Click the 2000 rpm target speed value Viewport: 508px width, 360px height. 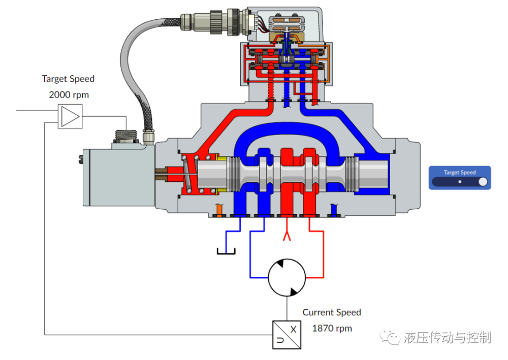(x=69, y=94)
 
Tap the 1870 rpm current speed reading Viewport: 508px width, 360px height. (x=332, y=329)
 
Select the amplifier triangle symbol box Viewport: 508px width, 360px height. (x=70, y=117)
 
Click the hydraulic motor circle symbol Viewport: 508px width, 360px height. (x=287, y=277)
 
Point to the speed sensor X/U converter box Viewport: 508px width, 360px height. (x=287, y=335)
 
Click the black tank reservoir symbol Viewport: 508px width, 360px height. (x=226, y=251)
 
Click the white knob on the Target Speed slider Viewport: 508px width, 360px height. (x=483, y=182)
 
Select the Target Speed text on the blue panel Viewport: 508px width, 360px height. (x=459, y=172)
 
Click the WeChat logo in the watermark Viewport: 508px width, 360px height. (x=390, y=337)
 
